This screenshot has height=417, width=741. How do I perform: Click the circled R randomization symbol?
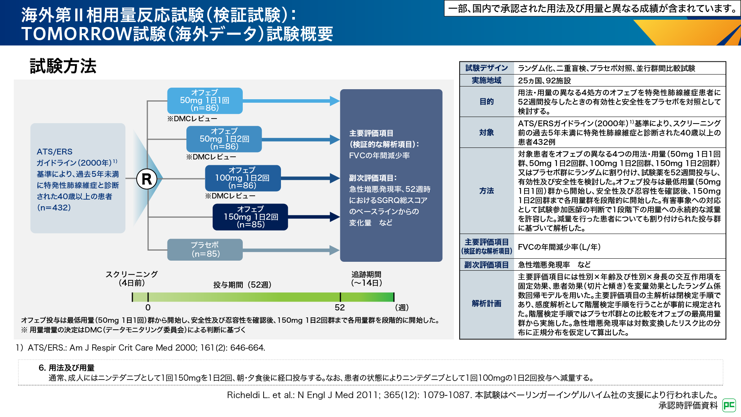tap(147, 179)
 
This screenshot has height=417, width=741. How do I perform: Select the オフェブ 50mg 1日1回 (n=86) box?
tap(205, 100)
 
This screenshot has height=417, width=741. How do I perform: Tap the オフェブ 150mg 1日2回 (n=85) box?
tap(250, 217)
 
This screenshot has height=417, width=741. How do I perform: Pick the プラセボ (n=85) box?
tap(205, 249)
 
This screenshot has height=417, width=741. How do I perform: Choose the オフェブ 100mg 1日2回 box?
tap(242, 178)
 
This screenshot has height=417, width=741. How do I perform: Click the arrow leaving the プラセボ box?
tap(291, 250)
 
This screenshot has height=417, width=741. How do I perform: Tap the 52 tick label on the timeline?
tap(340, 307)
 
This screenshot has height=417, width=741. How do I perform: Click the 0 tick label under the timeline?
tap(148, 307)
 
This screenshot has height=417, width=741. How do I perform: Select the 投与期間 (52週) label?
tap(242, 285)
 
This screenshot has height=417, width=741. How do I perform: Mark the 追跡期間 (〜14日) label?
tap(366, 278)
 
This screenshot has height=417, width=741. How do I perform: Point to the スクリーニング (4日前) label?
tap(132, 278)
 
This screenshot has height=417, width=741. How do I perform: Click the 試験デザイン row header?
tap(487, 68)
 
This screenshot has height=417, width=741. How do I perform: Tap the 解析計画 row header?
tap(487, 303)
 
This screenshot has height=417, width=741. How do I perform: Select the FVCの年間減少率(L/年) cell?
tap(559, 247)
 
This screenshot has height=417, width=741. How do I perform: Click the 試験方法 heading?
tap(63, 66)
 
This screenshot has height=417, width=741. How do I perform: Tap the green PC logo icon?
tap(729, 405)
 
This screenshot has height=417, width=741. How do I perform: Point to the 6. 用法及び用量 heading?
tap(66, 368)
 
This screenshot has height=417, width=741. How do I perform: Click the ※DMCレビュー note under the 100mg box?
tap(230, 196)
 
